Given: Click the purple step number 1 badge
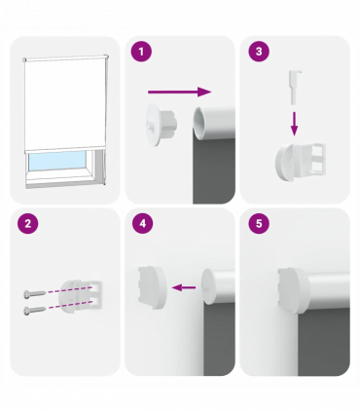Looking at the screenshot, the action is coord(141,52).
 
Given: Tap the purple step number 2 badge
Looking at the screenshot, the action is coord(28,224).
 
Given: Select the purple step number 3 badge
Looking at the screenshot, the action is coord(259,52).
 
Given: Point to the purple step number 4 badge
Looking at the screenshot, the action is coord(143,224).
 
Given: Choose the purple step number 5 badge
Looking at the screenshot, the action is coord(259,224).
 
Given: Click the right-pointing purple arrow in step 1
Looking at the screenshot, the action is coord(180,92).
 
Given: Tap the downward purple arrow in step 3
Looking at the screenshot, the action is coord(294,124).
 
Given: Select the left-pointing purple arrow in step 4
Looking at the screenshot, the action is coord(184,287).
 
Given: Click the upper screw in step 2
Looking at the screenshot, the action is coord(34,294).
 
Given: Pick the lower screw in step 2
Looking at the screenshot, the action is coord(34,311).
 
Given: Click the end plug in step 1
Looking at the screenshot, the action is coord(162,125).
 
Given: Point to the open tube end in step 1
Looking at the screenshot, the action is coord(198,124).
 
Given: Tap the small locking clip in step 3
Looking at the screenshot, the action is coord(295,88).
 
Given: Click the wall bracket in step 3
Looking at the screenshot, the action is coord(301,162).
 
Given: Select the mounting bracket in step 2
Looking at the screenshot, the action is coord(81,297).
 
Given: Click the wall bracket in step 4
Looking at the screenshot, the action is coord(152,287).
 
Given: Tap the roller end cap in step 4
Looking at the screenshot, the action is coord(209,286).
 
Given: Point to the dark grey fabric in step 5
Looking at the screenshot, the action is coord(324,341).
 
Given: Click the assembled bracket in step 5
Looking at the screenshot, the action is coord(292,291).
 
